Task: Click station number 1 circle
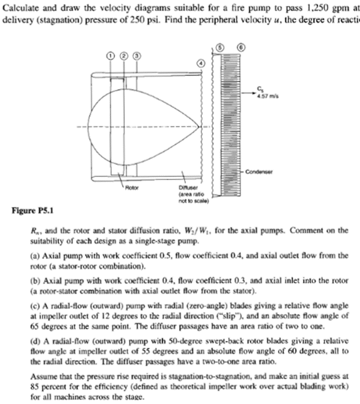[x=112, y=56]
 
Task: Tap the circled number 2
[x=124, y=56]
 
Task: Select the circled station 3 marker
[x=136, y=56]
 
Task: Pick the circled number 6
[x=241, y=48]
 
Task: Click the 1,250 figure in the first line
[x=300, y=10]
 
